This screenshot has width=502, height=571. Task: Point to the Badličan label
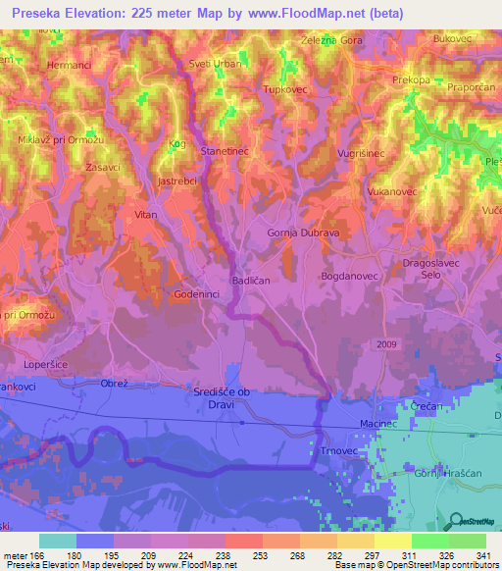pyautogui.click(x=250, y=281)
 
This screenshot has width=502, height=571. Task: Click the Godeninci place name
pyautogui.click(x=196, y=294)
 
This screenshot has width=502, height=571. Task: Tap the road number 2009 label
pyautogui.click(x=386, y=344)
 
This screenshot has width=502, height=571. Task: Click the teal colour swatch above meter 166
pyautogui.click(x=58, y=541)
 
